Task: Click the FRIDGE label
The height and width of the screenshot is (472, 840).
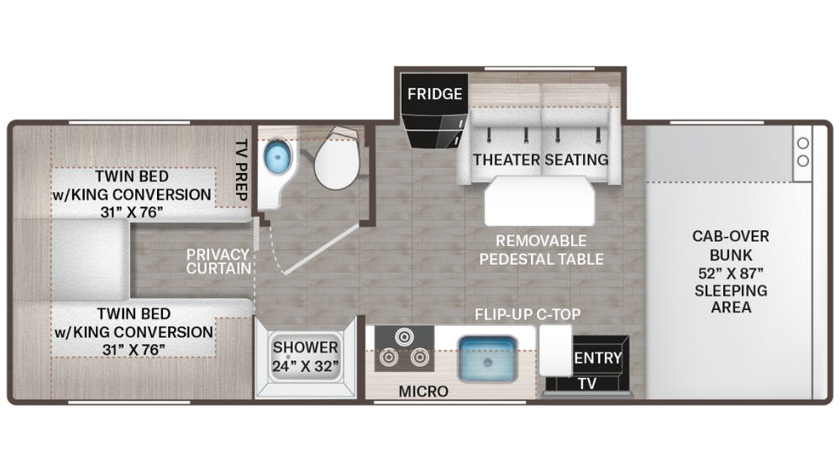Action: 435,93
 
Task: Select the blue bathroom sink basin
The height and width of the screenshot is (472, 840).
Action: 276,157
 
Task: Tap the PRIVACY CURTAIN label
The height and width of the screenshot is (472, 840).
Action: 218,261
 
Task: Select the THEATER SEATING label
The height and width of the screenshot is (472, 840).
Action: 540,159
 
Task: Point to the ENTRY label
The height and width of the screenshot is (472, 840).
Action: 597,359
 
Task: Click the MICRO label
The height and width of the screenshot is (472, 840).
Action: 423,391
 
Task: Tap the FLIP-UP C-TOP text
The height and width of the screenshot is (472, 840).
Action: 528,315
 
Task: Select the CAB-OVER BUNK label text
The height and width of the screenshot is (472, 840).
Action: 730,245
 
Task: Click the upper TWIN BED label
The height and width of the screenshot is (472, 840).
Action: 132,176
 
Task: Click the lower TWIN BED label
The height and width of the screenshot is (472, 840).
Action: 132,313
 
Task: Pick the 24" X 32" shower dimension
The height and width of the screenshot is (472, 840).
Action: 305,366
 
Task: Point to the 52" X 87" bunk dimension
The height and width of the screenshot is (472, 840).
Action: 730,273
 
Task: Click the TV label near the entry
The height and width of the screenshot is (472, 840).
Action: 587,383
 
